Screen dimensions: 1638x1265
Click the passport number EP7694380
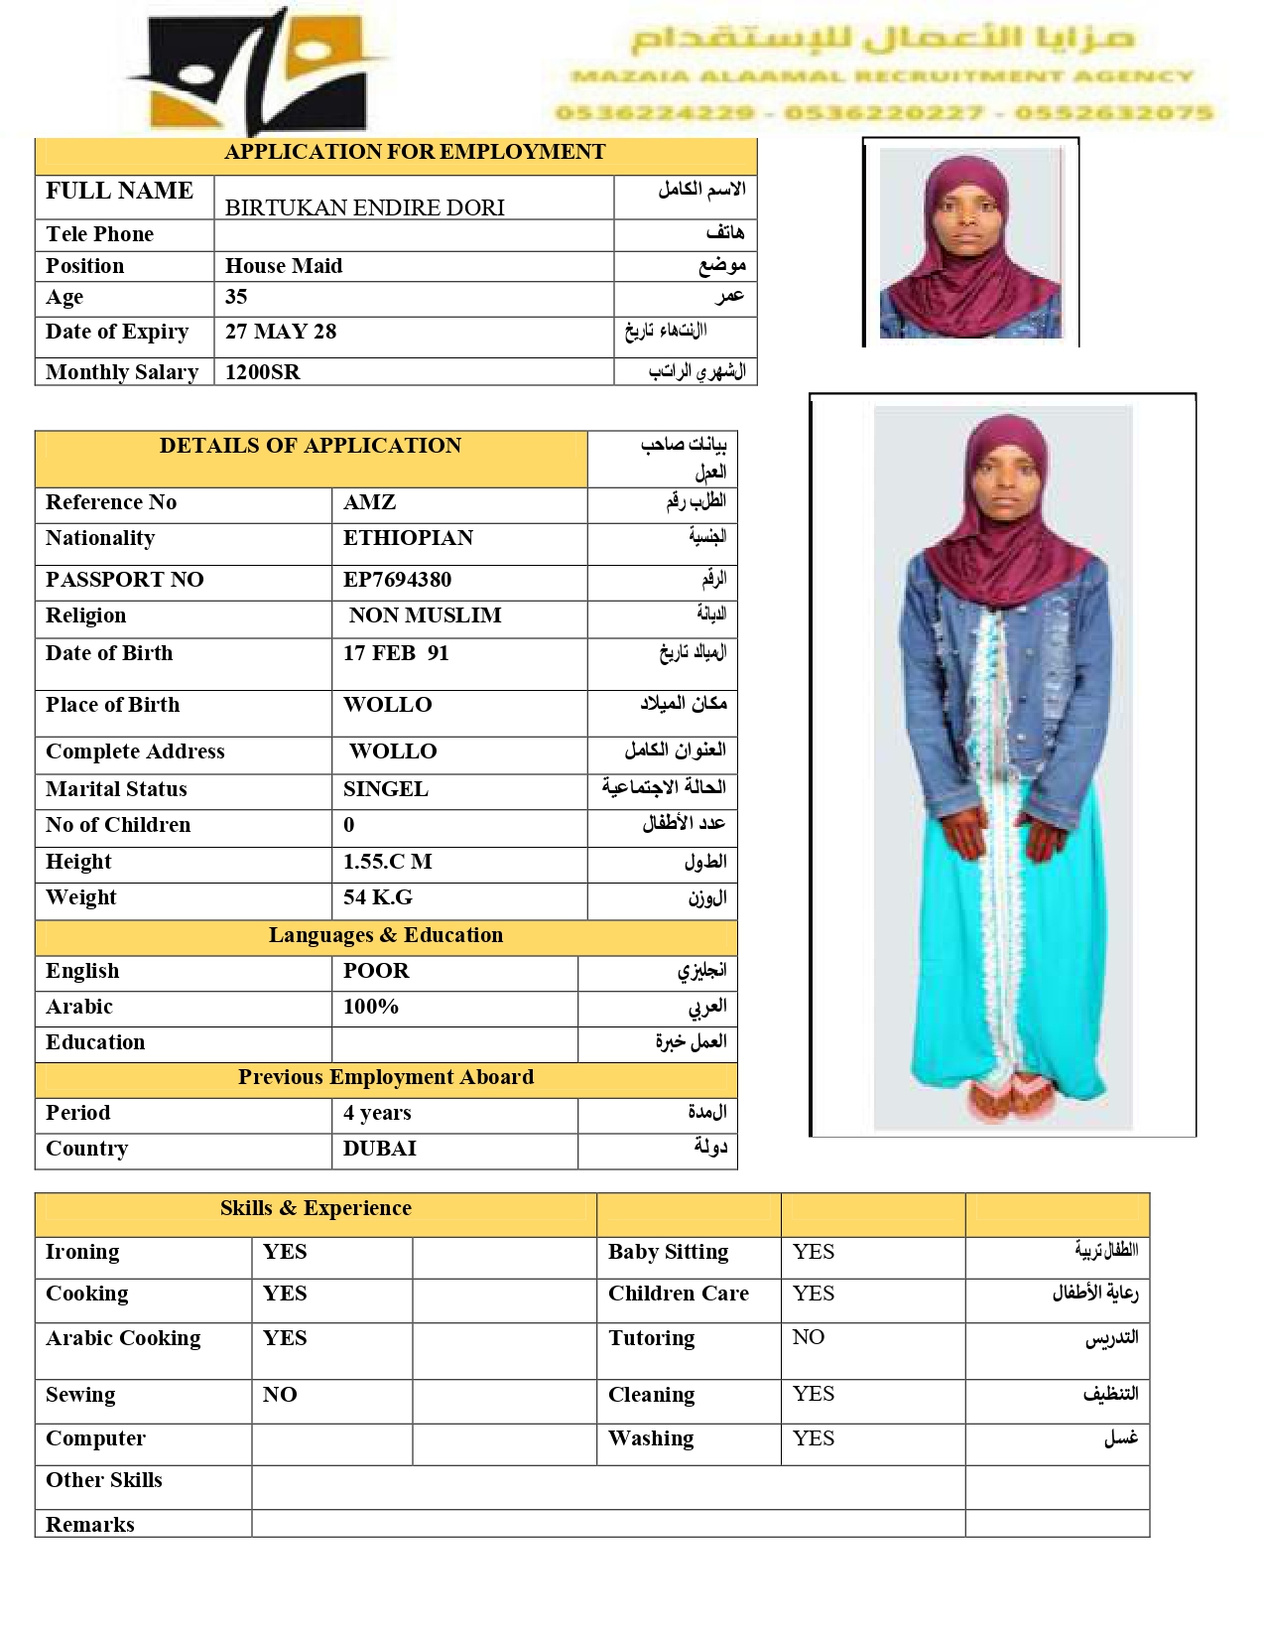click(x=397, y=580)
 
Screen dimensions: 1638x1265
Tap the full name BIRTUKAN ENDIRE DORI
click(x=364, y=207)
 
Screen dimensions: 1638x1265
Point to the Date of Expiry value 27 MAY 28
click(x=281, y=332)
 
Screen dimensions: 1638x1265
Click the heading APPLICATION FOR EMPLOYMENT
click(x=414, y=152)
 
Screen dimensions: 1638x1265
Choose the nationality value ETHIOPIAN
click(x=408, y=538)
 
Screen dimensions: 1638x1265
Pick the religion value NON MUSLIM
click(x=425, y=615)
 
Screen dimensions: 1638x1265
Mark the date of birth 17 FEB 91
click(x=396, y=653)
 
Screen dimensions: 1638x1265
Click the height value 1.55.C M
click(x=387, y=862)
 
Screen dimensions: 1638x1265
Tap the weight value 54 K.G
click(x=377, y=897)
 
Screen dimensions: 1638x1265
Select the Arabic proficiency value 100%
click(x=370, y=1007)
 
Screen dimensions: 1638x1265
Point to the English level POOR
click(x=376, y=971)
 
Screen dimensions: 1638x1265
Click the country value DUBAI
click(x=379, y=1149)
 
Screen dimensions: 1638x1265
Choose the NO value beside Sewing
click(x=280, y=1395)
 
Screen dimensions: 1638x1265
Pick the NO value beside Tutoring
click(x=808, y=1337)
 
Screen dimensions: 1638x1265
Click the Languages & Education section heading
click(x=385, y=935)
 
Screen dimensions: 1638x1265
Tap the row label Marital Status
click(x=116, y=789)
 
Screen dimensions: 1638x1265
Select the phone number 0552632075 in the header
click(x=1114, y=113)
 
